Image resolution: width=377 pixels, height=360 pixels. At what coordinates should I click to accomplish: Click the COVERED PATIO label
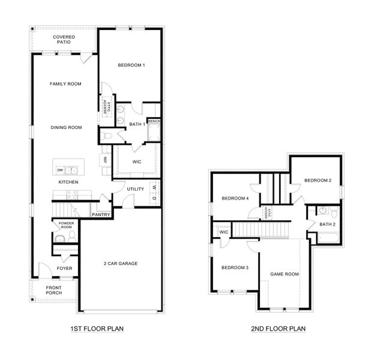click(64, 40)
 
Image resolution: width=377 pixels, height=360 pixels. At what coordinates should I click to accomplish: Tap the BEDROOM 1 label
click(131, 65)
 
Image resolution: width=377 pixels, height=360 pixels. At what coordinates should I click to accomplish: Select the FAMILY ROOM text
click(65, 84)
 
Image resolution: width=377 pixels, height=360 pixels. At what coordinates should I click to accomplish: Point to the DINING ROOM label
click(65, 127)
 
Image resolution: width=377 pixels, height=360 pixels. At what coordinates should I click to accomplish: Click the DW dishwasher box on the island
click(61, 170)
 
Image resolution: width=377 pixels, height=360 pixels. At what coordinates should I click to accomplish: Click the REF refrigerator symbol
click(105, 160)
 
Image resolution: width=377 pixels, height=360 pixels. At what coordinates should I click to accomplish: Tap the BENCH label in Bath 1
click(154, 121)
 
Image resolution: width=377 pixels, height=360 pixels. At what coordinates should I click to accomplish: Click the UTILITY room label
click(135, 189)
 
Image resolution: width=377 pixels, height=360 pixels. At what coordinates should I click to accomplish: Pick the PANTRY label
click(100, 214)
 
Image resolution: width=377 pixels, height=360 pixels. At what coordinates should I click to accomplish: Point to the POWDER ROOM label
click(65, 226)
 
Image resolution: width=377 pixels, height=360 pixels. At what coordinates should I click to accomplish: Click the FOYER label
click(64, 268)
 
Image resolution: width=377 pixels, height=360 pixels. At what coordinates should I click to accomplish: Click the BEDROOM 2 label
click(317, 180)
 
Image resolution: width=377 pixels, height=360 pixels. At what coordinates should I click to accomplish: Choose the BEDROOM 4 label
click(235, 199)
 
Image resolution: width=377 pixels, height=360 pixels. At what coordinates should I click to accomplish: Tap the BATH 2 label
click(328, 224)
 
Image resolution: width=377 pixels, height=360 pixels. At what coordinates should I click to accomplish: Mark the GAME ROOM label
click(285, 274)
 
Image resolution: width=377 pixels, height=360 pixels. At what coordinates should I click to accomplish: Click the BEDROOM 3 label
click(235, 268)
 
